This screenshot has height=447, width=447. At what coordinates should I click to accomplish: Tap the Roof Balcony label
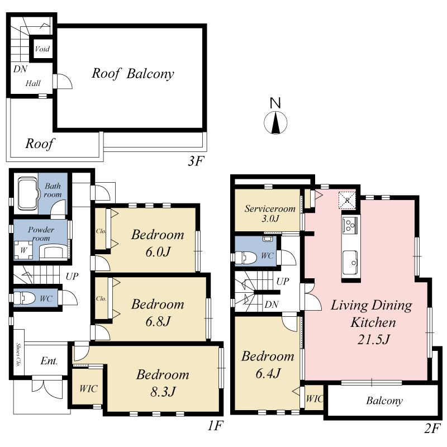coord(133,73)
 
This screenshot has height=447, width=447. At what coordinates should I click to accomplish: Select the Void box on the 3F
coord(42,49)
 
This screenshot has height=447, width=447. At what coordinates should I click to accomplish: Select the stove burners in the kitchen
coord(350,226)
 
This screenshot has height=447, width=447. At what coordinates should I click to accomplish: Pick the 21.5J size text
coord(371,339)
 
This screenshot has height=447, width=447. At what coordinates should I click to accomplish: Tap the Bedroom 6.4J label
coord(267,364)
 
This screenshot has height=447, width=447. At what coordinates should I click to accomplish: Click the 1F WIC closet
coord(88,388)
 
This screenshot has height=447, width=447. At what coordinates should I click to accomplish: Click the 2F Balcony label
coord(384,401)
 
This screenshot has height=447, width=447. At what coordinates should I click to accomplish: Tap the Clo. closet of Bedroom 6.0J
coord(101,229)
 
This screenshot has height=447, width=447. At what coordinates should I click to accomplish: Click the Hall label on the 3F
coord(33,83)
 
